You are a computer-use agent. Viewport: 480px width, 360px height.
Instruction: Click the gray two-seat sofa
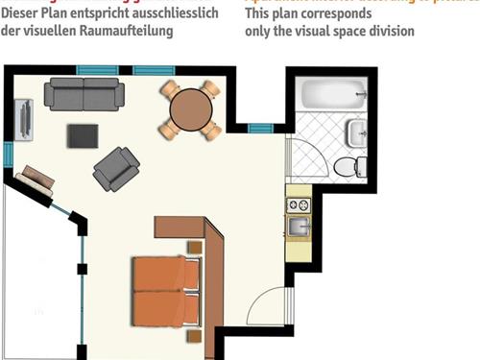[84, 94]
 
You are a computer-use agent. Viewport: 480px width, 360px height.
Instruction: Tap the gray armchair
[115, 169]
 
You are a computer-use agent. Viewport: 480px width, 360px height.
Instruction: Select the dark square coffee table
[83, 135]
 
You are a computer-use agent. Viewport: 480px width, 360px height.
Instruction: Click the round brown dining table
[190, 109]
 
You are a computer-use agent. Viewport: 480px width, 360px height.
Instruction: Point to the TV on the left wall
[24, 118]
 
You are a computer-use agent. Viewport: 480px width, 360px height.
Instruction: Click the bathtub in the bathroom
[332, 94]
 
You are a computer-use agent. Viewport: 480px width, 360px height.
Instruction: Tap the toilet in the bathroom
[348, 167]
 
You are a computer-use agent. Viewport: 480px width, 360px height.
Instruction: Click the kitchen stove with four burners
[298, 204]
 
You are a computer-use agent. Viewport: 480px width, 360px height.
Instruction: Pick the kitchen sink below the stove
[298, 227]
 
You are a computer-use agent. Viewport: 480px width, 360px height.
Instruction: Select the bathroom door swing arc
[307, 158]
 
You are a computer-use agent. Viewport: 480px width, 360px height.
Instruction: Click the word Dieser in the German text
[22, 12]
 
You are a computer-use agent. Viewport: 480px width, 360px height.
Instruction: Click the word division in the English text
[392, 31]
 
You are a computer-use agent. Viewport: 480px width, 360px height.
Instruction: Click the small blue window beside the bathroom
[260, 128]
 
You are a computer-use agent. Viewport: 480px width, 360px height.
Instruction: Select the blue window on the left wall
[8, 154]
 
